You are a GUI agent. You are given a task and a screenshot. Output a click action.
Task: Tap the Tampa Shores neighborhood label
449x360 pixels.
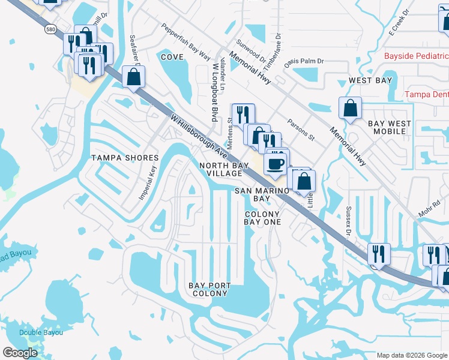125,158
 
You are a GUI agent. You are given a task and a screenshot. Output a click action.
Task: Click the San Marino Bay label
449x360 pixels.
260,194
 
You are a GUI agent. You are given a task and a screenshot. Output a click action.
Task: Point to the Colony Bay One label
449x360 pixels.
262,218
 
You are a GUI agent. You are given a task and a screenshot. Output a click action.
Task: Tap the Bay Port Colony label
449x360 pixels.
208,289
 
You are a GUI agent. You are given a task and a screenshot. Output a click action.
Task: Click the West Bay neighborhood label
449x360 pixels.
370,80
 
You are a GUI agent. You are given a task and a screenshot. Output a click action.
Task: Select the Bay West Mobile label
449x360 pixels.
390,127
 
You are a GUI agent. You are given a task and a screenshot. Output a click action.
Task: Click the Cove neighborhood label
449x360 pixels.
172,56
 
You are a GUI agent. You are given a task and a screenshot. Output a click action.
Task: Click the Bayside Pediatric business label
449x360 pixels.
417,56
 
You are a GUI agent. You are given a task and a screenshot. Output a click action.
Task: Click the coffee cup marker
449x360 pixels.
276,164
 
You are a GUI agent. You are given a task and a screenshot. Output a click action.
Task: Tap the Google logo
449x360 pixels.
20,353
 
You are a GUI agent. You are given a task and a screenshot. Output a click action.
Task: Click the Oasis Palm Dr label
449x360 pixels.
304,61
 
